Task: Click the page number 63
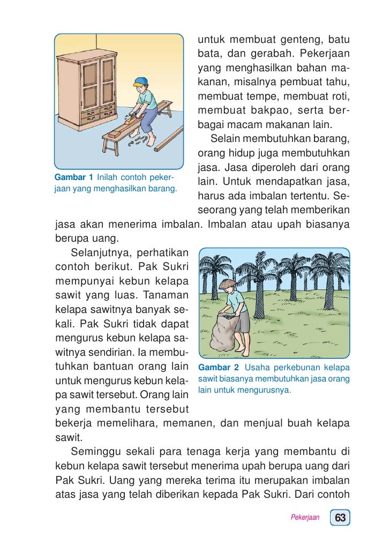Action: (341, 518)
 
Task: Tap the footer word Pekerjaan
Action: (305, 518)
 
